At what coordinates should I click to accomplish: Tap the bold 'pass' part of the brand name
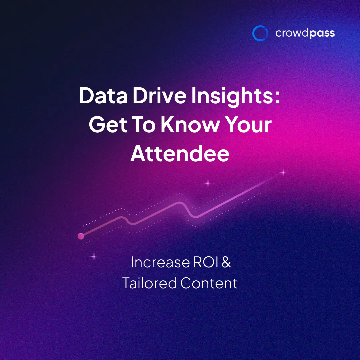pos(322,34)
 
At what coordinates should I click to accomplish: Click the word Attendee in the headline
pos(180,154)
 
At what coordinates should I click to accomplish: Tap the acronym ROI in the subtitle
pos(205,262)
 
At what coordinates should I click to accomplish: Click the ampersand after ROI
pos(226,262)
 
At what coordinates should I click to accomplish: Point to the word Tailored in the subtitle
pos(149,283)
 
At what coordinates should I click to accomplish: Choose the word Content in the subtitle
pos(209,283)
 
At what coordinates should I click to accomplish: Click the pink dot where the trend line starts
pos(81,236)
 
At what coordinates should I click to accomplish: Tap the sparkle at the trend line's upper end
pos(283,173)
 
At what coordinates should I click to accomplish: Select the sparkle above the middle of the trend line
pos(207,183)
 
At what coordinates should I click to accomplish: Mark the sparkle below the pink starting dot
pos(94,256)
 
